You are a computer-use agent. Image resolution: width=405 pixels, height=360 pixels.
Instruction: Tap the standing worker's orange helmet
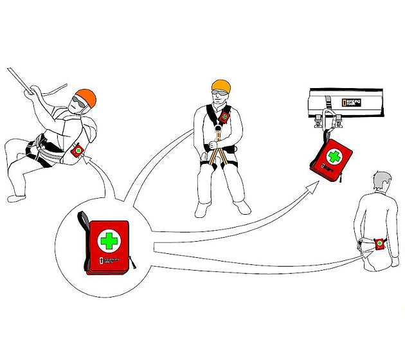[221, 86]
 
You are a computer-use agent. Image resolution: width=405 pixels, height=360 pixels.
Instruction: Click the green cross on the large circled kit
[108, 240]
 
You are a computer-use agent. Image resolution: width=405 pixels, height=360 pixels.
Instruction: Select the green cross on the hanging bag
[334, 157]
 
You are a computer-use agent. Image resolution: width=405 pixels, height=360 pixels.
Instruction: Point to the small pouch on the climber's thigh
[78, 150]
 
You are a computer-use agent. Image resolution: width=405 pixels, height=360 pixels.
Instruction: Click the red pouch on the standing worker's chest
[224, 116]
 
